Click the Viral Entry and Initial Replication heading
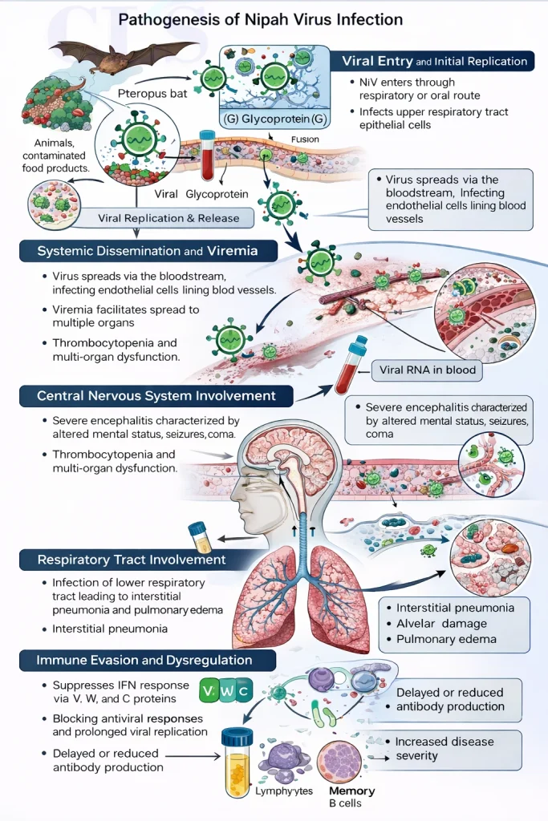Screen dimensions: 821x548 [434, 61]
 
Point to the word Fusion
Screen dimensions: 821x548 [305, 139]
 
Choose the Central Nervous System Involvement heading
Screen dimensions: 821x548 [156, 395]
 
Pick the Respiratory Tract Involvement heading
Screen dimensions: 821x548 [132, 559]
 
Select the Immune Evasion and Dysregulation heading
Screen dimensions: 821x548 [144, 661]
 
